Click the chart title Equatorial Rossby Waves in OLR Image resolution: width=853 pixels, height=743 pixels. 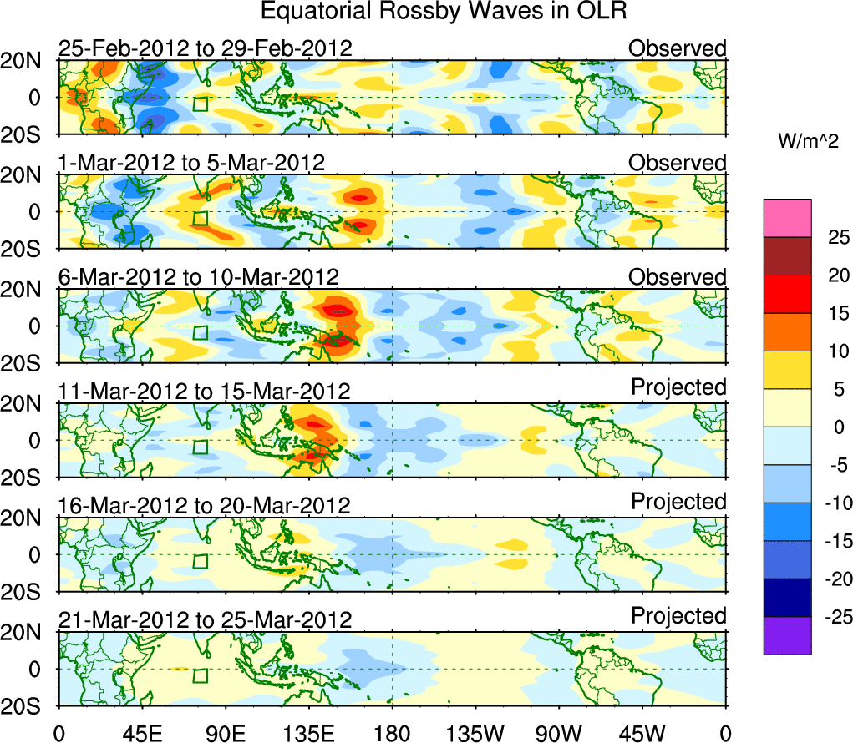click(x=444, y=12)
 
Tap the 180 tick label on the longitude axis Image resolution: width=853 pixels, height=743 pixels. click(x=392, y=733)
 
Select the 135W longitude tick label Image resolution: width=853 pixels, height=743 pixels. click(x=475, y=733)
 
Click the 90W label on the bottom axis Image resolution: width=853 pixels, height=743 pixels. click(x=558, y=733)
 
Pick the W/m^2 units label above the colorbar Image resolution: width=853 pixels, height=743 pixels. click(x=808, y=142)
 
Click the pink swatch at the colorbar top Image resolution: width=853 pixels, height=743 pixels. click(x=787, y=218)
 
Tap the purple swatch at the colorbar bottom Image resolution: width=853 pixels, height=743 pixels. click(x=787, y=635)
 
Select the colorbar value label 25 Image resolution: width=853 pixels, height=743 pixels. click(x=827, y=237)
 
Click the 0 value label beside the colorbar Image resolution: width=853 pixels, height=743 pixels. click(x=827, y=427)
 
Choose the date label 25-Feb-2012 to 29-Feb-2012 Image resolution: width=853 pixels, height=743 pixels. click(x=206, y=48)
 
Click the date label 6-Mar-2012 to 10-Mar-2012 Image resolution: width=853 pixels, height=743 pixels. click(x=199, y=277)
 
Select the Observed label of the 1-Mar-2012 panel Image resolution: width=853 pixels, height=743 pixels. click(x=678, y=163)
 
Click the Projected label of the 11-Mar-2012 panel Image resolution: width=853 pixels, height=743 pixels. click(x=678, y=387)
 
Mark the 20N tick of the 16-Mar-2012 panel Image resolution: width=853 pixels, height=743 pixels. click(x=28, y=518)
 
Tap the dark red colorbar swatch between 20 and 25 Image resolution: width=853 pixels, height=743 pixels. click(x=787, y=256)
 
